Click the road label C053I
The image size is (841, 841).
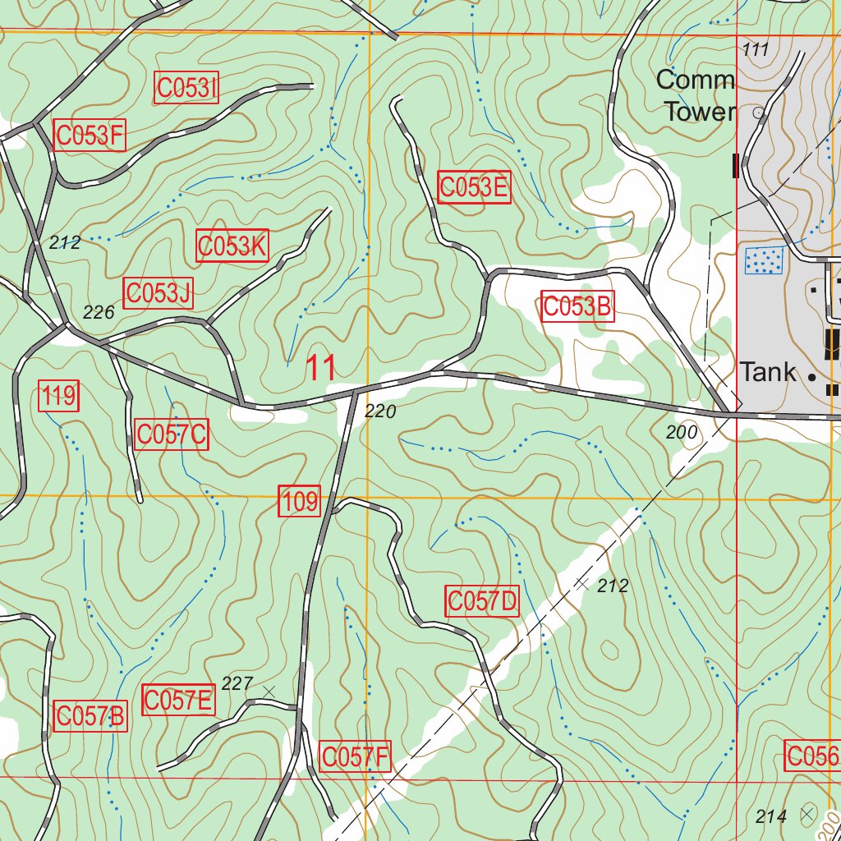186,88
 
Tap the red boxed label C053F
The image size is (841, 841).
90,136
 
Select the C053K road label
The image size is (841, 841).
232,246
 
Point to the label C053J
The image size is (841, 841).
158,293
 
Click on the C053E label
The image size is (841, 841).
474,187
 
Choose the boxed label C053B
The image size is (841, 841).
577,307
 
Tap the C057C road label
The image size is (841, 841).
172,434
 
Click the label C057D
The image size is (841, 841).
482,602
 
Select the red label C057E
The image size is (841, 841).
178,701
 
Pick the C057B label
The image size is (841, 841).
90,716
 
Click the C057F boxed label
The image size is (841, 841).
355,756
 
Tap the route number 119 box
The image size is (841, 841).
59,398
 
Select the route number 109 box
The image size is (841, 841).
300,501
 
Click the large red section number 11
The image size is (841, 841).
321,369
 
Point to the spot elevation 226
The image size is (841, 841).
99,312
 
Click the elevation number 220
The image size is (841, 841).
379,411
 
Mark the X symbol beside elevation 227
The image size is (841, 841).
268,691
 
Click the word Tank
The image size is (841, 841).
768,372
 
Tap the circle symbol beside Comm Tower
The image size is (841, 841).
758,112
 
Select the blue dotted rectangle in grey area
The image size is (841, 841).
763,261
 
